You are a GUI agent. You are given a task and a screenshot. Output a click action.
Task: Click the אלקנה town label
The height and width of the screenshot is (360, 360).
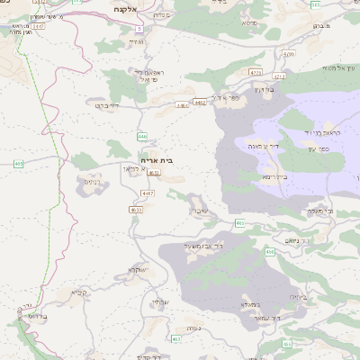[x=125, y=6]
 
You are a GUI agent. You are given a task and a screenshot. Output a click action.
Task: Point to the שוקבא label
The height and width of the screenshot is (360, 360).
[x=137, y=269]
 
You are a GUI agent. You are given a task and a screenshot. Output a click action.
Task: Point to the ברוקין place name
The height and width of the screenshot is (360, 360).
[x=263, y=89]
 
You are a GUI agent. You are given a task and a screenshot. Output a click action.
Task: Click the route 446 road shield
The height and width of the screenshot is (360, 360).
[x=142, y=137]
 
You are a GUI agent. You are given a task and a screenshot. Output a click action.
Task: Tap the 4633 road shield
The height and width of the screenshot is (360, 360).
[x=136, y=210]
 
